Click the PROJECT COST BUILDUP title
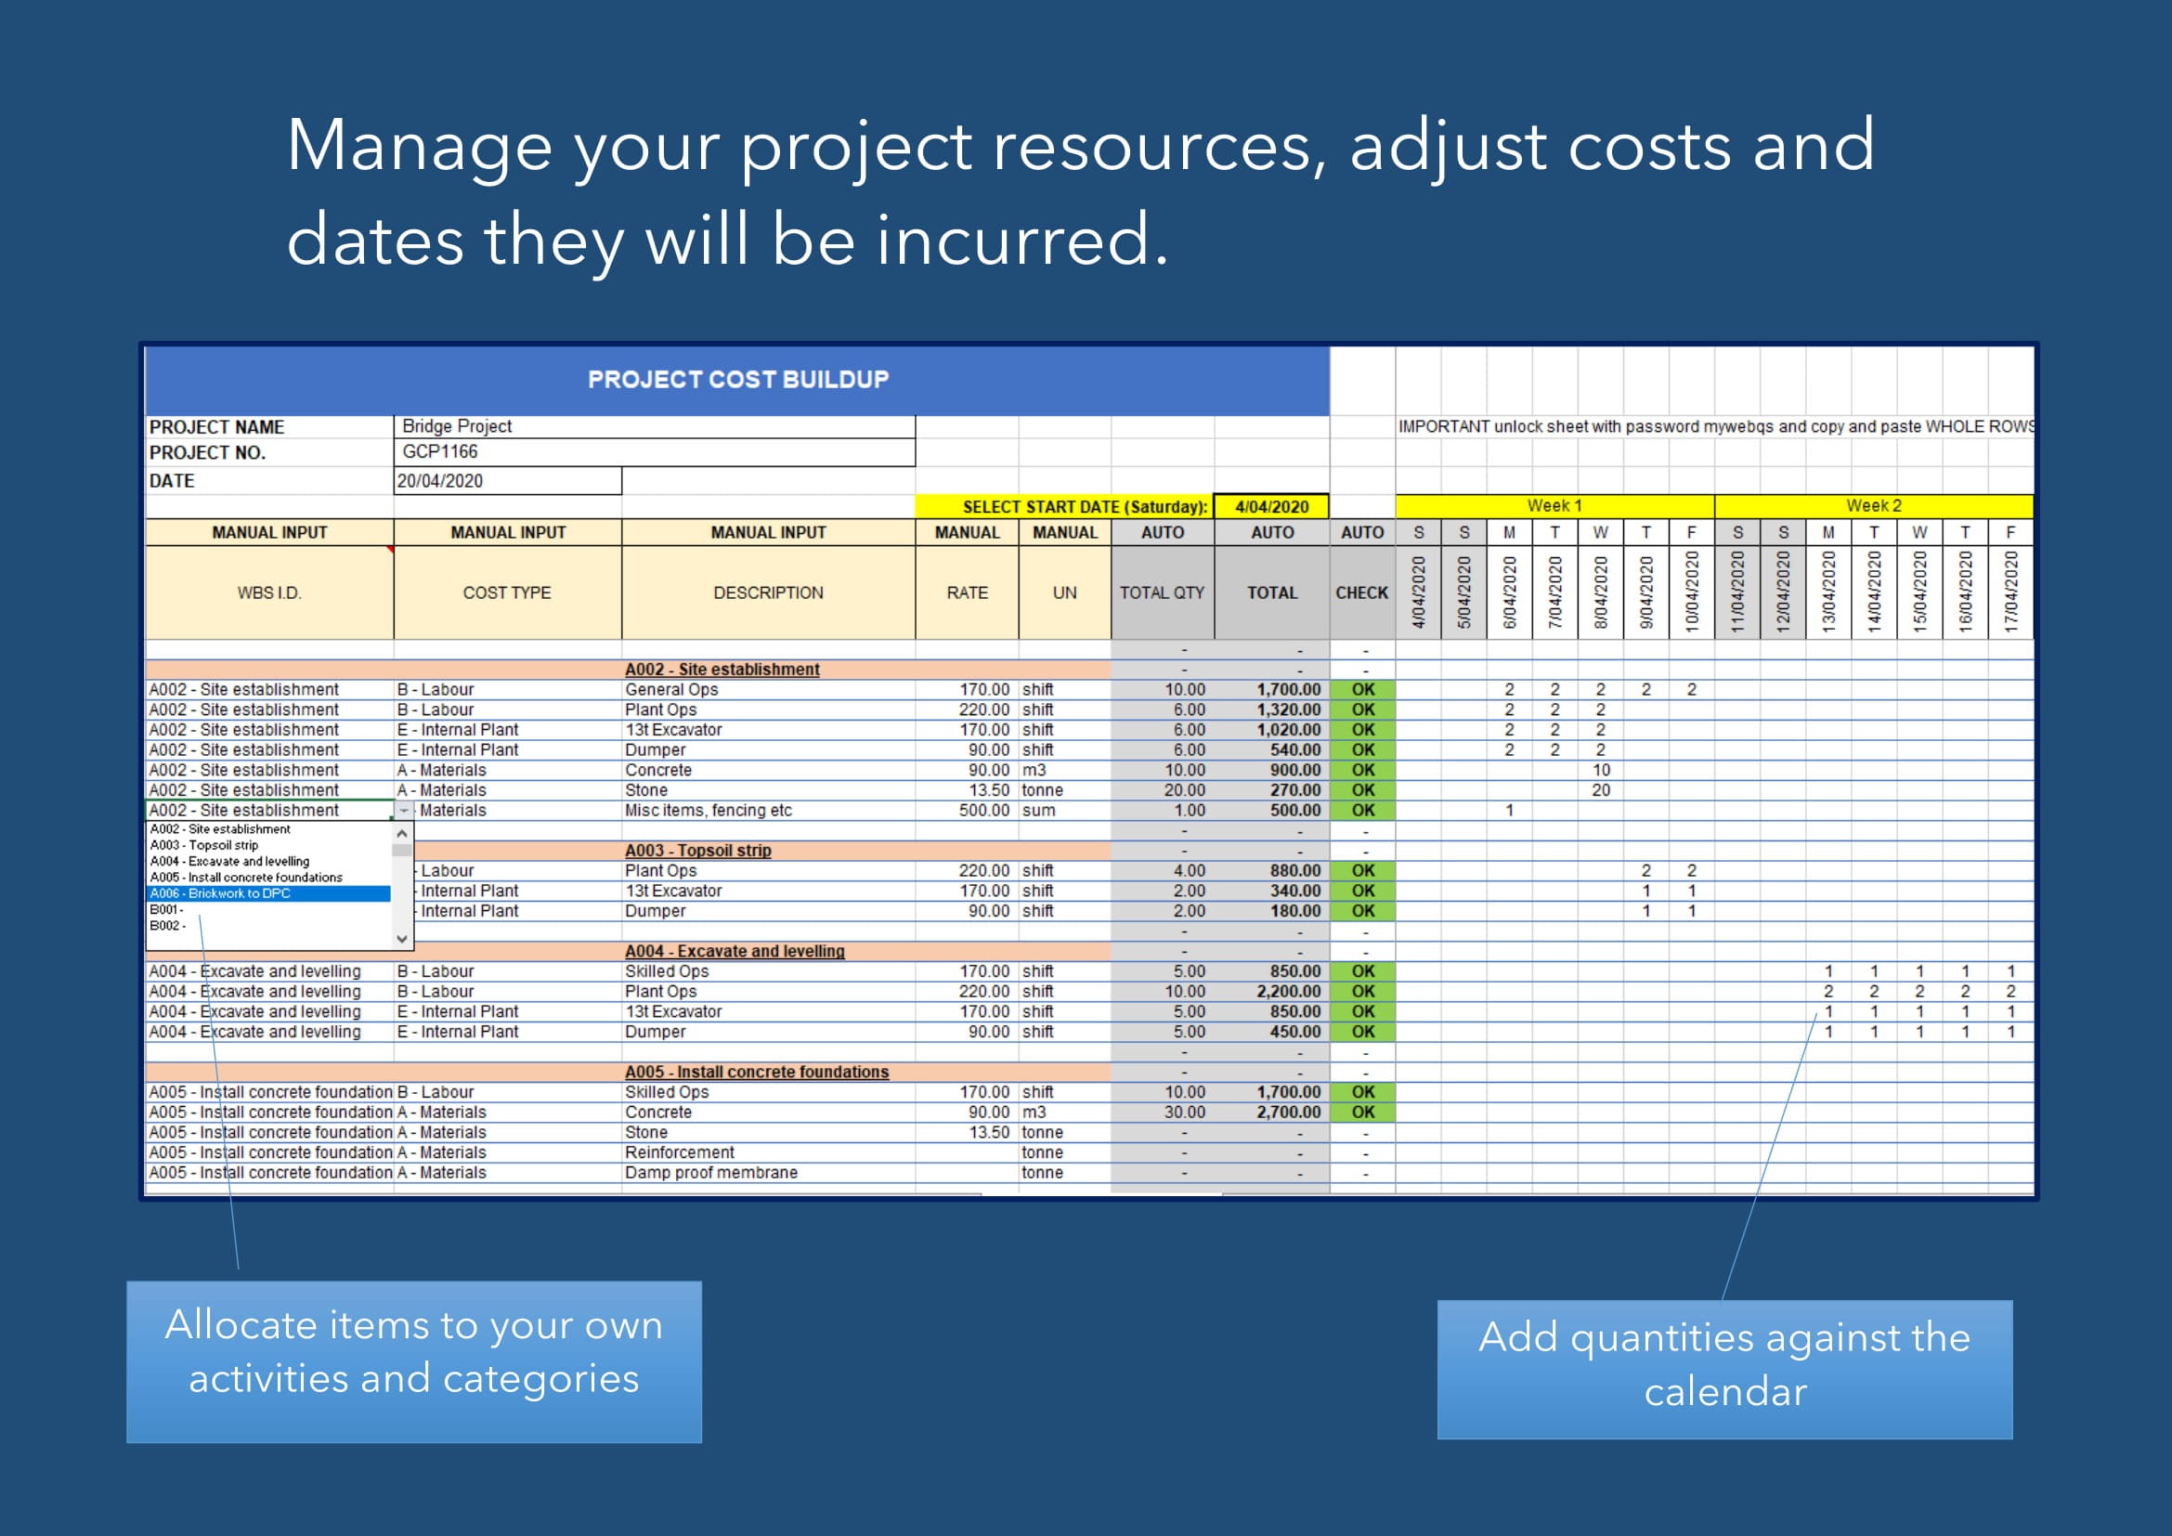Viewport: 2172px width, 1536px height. pos(738,379)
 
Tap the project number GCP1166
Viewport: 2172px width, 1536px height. pos(440,452)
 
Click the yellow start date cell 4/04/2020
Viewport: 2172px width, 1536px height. pos(1271,507)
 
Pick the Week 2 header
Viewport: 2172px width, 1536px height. pos(1873,506)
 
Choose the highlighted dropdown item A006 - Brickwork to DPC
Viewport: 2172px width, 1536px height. pos(268,893)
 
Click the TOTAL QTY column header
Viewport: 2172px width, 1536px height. pos(1162,593)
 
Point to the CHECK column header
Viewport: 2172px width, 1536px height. pos(1361,593)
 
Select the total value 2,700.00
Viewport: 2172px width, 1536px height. pos(1289,1113)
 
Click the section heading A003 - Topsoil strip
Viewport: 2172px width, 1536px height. pos(698,851)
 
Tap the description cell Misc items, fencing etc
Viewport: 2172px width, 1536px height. pos(708,811)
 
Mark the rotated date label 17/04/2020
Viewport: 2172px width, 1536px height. pos(2011,592)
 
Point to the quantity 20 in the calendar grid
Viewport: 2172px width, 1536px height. pos(1601,790)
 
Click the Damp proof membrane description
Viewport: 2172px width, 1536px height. pos(710,1173)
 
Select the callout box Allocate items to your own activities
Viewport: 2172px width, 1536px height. pos(414,1361)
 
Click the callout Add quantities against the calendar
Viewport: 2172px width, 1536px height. pos(1723,1369)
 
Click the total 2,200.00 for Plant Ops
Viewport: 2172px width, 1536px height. pos(1289,991)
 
